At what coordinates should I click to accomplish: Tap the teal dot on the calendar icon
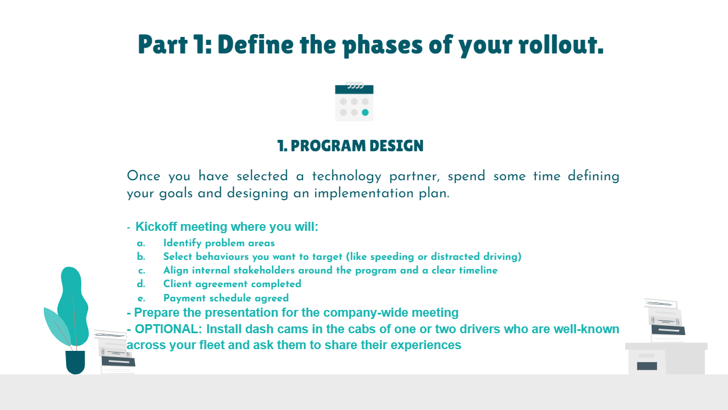click(365, 113)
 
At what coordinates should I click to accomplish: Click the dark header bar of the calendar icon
click(354, 89)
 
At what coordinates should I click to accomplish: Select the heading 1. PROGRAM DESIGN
click(350, 146)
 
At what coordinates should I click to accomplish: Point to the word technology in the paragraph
click(346, 176)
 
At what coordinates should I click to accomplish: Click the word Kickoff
click(156, 226)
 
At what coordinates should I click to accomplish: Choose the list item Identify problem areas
click(219, 243)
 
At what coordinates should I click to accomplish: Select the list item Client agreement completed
click(232, 284)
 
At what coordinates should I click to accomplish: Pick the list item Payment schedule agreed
click(226, 298)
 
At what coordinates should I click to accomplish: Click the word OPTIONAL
click(168, 329)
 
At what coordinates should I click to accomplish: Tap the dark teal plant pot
click(75, 362)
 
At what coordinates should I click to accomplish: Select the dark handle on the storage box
click(647, 366)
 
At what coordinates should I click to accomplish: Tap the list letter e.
click(141, 299)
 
